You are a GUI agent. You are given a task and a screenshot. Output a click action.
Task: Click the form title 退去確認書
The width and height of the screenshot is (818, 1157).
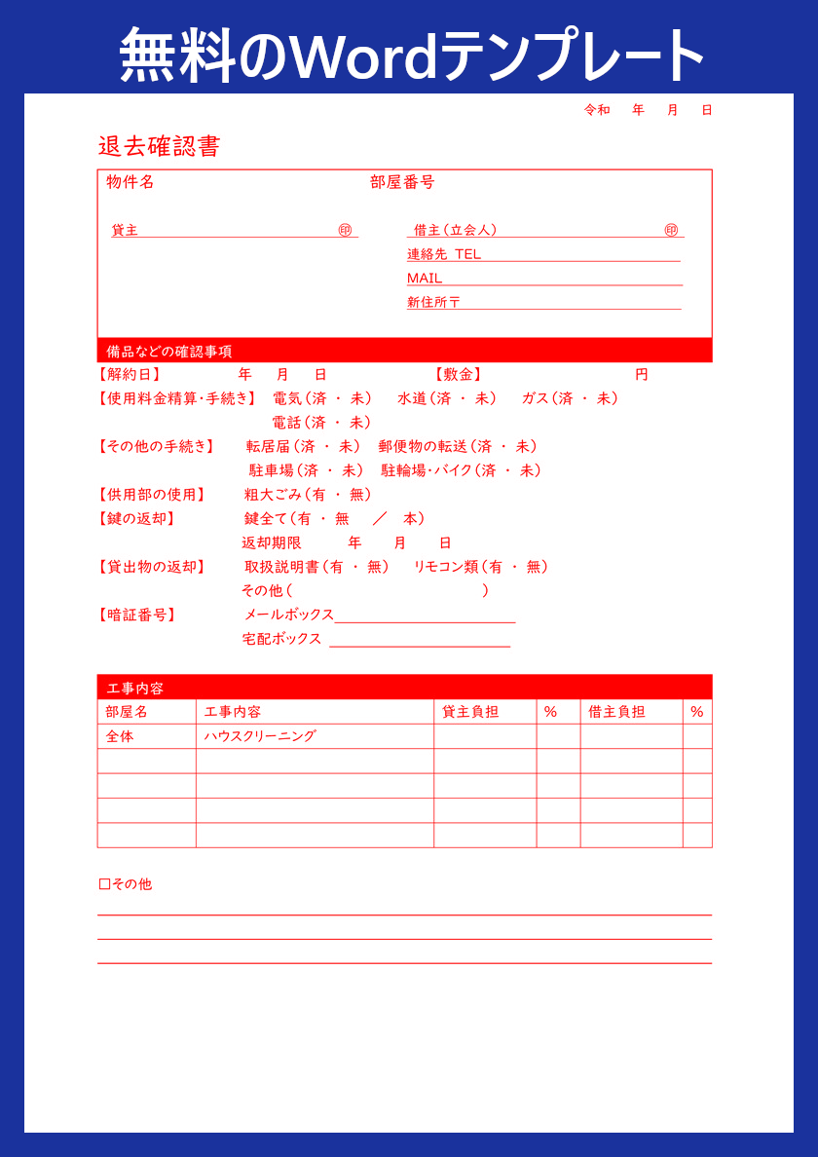point(159,147)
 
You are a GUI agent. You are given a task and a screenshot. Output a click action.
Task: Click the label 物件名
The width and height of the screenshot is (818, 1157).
point(130,182)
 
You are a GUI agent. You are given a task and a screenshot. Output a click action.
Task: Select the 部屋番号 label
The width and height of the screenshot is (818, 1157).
point(402,182)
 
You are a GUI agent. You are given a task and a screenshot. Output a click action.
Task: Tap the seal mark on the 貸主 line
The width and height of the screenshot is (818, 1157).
point(345,230)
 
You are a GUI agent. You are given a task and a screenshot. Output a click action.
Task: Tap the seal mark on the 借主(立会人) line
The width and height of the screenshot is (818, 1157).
point(671,230)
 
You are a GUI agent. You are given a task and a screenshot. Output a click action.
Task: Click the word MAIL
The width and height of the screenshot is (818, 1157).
point(425,279)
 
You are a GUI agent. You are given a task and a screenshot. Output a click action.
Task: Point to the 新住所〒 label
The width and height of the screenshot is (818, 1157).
point(433,303)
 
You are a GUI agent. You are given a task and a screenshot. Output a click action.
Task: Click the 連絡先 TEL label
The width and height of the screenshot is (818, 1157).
point(444,254)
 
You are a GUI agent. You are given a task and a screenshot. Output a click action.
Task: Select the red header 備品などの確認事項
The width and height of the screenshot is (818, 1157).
point(169,352)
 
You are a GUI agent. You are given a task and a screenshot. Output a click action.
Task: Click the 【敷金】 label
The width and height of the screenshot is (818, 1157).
point(458,375)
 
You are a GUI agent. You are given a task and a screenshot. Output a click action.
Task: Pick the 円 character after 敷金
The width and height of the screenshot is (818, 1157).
point(641,375)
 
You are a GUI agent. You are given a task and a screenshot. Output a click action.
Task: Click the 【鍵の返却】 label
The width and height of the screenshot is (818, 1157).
point(136,519)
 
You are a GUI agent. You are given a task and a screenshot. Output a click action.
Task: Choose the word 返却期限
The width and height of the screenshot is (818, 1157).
point(272,543)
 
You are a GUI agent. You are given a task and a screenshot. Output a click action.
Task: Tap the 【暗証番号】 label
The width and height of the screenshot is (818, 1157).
point(136,616)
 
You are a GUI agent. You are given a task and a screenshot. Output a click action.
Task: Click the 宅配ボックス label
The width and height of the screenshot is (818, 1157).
point(281,639)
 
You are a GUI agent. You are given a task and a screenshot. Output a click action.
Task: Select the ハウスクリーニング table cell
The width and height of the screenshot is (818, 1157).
point(260,737)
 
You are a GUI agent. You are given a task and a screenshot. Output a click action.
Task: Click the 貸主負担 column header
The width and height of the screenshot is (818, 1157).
point(470,712)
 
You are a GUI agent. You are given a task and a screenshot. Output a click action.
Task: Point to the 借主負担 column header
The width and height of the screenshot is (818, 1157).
point(616,712)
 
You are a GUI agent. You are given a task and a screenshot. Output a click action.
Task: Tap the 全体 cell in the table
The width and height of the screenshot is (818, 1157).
point(120,737)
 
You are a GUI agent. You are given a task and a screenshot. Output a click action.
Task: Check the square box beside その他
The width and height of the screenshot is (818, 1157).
point(104,884)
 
